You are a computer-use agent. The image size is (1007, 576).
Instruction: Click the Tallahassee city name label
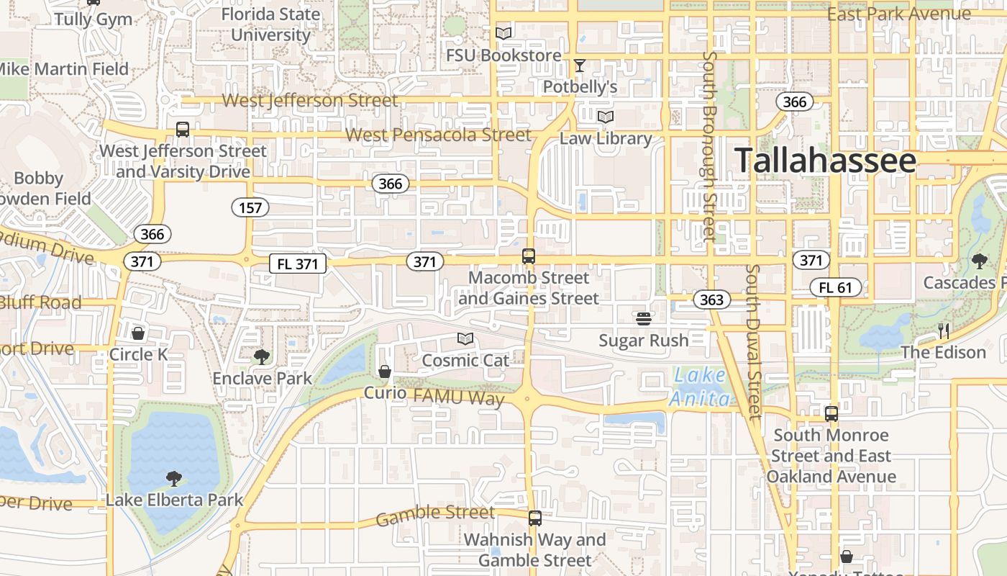point(825,161)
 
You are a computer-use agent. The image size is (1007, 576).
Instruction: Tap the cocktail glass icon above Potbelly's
point(579,66)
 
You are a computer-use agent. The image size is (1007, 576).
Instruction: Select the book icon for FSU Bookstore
point(503,33)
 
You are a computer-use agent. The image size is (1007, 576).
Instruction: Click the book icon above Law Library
point(606,117)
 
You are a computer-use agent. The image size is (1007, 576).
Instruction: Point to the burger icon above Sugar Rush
point(643,318)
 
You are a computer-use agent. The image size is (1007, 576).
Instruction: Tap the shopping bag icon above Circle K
point(138,333)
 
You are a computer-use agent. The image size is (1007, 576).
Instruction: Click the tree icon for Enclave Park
point(262,356)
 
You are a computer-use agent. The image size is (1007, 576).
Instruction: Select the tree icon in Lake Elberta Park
point(173,478)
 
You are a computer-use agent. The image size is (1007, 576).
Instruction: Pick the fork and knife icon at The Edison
point(943,331)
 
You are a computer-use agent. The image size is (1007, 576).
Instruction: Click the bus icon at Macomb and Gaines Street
point(529,256)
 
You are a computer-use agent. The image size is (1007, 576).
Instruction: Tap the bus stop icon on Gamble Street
point(534,518)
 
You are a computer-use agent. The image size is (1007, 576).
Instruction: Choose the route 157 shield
point(250,208)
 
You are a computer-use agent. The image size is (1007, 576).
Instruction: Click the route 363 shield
point(711,300)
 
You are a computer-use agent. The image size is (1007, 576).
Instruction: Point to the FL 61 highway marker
point(834,288)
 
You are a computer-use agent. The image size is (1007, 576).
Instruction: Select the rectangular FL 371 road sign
point(298,264)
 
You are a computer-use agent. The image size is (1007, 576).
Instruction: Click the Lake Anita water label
point(701,387)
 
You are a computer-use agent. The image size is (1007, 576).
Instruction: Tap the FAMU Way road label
point(458,397)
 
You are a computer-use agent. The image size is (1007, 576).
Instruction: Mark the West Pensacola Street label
point(438,135)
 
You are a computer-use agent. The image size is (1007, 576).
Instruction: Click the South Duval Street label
point(753,341)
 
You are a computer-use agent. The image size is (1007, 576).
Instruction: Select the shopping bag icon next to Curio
point(385,372)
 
